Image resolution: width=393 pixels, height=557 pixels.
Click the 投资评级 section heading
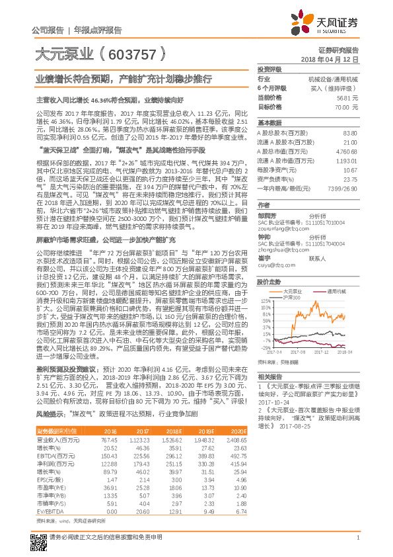[x=269, y=69]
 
